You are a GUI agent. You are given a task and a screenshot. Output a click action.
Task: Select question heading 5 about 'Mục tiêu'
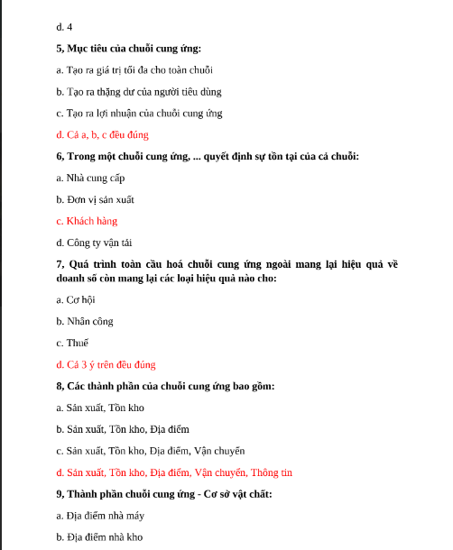click(x=128, y=48)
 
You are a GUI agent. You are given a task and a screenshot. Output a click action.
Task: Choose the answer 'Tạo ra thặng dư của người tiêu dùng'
click(x=138, y=91)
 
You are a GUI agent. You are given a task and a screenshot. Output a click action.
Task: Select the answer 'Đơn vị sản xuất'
click(x=95, y=199)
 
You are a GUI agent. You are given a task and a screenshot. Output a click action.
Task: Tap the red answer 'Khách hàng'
click(x=86, y=221)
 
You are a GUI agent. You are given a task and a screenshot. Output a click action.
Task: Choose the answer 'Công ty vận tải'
click(x=94, y=243)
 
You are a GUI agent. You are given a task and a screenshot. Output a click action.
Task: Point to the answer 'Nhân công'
click(x=84, y=321)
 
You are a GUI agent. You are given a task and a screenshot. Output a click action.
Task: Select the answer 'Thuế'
click(x=72, y=343)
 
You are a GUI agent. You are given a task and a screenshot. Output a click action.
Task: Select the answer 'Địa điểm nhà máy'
click(x=99, y=516)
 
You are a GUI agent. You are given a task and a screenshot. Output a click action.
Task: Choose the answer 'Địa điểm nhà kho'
click(x=98, y=537)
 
